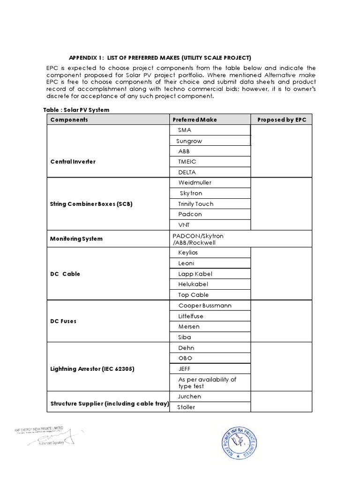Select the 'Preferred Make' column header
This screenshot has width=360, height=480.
coord(195,120)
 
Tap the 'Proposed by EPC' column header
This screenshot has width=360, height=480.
coord(282,120)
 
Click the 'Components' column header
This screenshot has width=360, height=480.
coord(69,120)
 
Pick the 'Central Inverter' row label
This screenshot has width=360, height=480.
coord(73,162)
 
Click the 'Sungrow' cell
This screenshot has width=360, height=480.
coord(189,141)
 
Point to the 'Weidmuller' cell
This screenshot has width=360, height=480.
coord(195,182)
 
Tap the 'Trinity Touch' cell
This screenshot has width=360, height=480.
coord(195,204)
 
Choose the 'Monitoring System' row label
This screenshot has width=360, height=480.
coord(76,239)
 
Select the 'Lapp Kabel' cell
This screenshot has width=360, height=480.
coord(195,274)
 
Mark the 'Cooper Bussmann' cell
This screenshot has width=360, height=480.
coord(204,306)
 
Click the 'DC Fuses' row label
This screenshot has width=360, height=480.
coord(63,322)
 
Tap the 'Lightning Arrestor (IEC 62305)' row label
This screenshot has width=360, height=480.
coord(92,369)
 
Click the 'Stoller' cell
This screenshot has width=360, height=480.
coord(186,407)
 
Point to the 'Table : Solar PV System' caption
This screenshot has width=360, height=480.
coord(76,110)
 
